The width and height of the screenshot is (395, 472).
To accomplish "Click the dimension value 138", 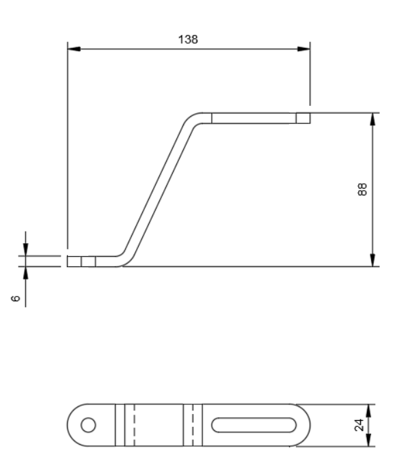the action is tap(188, 40).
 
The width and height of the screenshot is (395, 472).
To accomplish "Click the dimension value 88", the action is tap(362, 189).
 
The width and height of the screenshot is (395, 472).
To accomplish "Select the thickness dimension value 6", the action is tap(15, 299).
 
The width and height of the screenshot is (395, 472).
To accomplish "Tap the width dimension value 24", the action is tap(359, 425).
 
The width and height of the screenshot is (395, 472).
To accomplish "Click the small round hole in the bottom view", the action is tap(88, 425).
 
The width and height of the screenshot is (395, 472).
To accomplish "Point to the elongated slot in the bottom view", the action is tap(254, 425).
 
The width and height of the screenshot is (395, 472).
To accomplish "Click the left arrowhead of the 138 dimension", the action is tap(74, 48).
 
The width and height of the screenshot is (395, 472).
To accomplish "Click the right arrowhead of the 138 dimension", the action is tap(303, 48).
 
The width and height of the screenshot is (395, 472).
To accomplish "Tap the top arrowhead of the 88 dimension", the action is tap(372, 120).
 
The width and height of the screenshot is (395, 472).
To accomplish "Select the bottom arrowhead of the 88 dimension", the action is tap(372, 260).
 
